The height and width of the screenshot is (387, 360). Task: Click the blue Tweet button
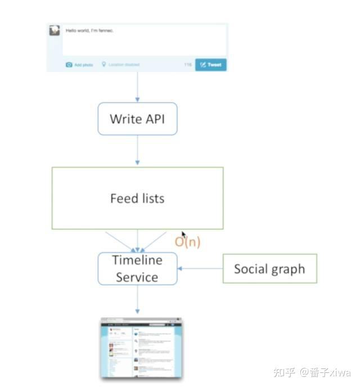(x=211, y=65)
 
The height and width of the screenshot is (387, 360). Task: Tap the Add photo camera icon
(x=69, y=65)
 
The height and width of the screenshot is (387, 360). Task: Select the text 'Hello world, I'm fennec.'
(x=90, y=30)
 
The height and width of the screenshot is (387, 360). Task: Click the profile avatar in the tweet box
(x=55, y=30)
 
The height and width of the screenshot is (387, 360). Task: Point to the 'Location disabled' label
(x=123, y=65)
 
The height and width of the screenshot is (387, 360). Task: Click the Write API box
(x=137, y=119)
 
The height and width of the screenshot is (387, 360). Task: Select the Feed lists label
(x=137, y=198)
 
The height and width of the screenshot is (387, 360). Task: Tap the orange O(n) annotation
(x=187, y=242)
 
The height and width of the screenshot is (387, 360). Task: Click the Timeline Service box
(x=137, y=268)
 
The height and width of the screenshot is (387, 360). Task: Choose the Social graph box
(x=269, y=268)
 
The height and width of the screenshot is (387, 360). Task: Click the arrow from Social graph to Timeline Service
(x=200, y=268)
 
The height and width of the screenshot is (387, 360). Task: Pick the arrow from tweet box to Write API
(x=137, y=87)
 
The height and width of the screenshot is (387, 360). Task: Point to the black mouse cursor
(x=183, y=235)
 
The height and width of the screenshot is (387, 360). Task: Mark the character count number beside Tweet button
(x=188, y=65)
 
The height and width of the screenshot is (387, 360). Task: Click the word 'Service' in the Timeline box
(x=137, y=277)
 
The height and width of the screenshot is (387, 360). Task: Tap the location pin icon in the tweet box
(x=103, y=65)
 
